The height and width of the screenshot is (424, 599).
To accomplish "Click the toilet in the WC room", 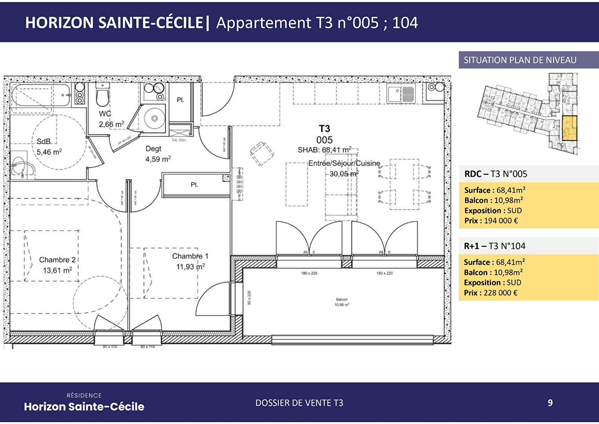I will (x=102, y=97).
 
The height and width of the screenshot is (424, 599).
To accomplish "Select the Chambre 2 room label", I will (x=57, y=260).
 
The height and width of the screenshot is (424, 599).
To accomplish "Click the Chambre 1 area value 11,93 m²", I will (x=191, y=267).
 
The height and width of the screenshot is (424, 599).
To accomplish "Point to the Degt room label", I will (x=153, y=149).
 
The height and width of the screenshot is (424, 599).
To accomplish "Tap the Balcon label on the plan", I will (x=341, y=300).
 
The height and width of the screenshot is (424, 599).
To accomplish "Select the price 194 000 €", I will (x=501, y=221).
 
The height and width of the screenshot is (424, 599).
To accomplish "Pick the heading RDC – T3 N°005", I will (x=496, y=174).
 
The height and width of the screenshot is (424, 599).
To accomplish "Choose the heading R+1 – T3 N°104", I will (x=494, y=246).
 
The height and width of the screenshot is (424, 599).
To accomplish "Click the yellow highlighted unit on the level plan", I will (x=569, y=128).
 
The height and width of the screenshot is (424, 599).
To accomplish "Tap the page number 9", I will (x=550, y=403).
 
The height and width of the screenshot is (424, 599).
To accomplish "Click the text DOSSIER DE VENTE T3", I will (x=299, y=403).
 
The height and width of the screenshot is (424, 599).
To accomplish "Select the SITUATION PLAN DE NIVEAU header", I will (x=520, y=60).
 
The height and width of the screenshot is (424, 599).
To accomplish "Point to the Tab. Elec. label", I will (x=179, y=140).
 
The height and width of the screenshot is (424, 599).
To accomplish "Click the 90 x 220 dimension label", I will (x=249, y=298).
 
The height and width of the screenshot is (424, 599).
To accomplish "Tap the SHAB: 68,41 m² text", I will (x=324, y=150).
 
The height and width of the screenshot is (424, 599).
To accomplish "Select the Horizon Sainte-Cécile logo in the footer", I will (x=84, y=403).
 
